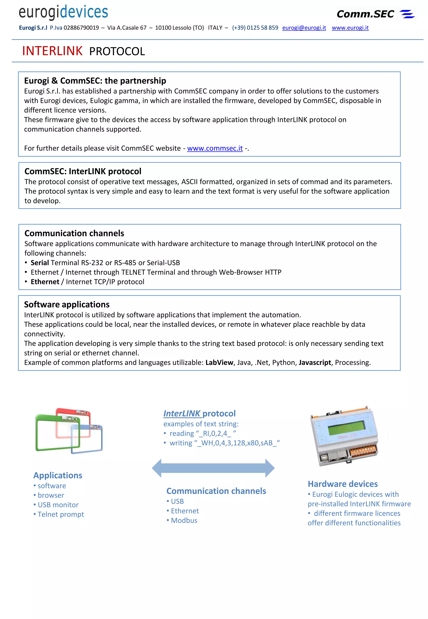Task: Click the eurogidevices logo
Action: (63, 12)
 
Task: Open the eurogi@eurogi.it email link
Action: (304, 28)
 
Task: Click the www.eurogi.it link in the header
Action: (350, 28)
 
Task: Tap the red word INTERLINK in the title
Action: (52, 51)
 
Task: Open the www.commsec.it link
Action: (215, 148)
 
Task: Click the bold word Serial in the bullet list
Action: (40, 263)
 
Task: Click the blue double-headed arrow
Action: (213, 468)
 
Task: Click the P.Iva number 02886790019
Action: (81, 28)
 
